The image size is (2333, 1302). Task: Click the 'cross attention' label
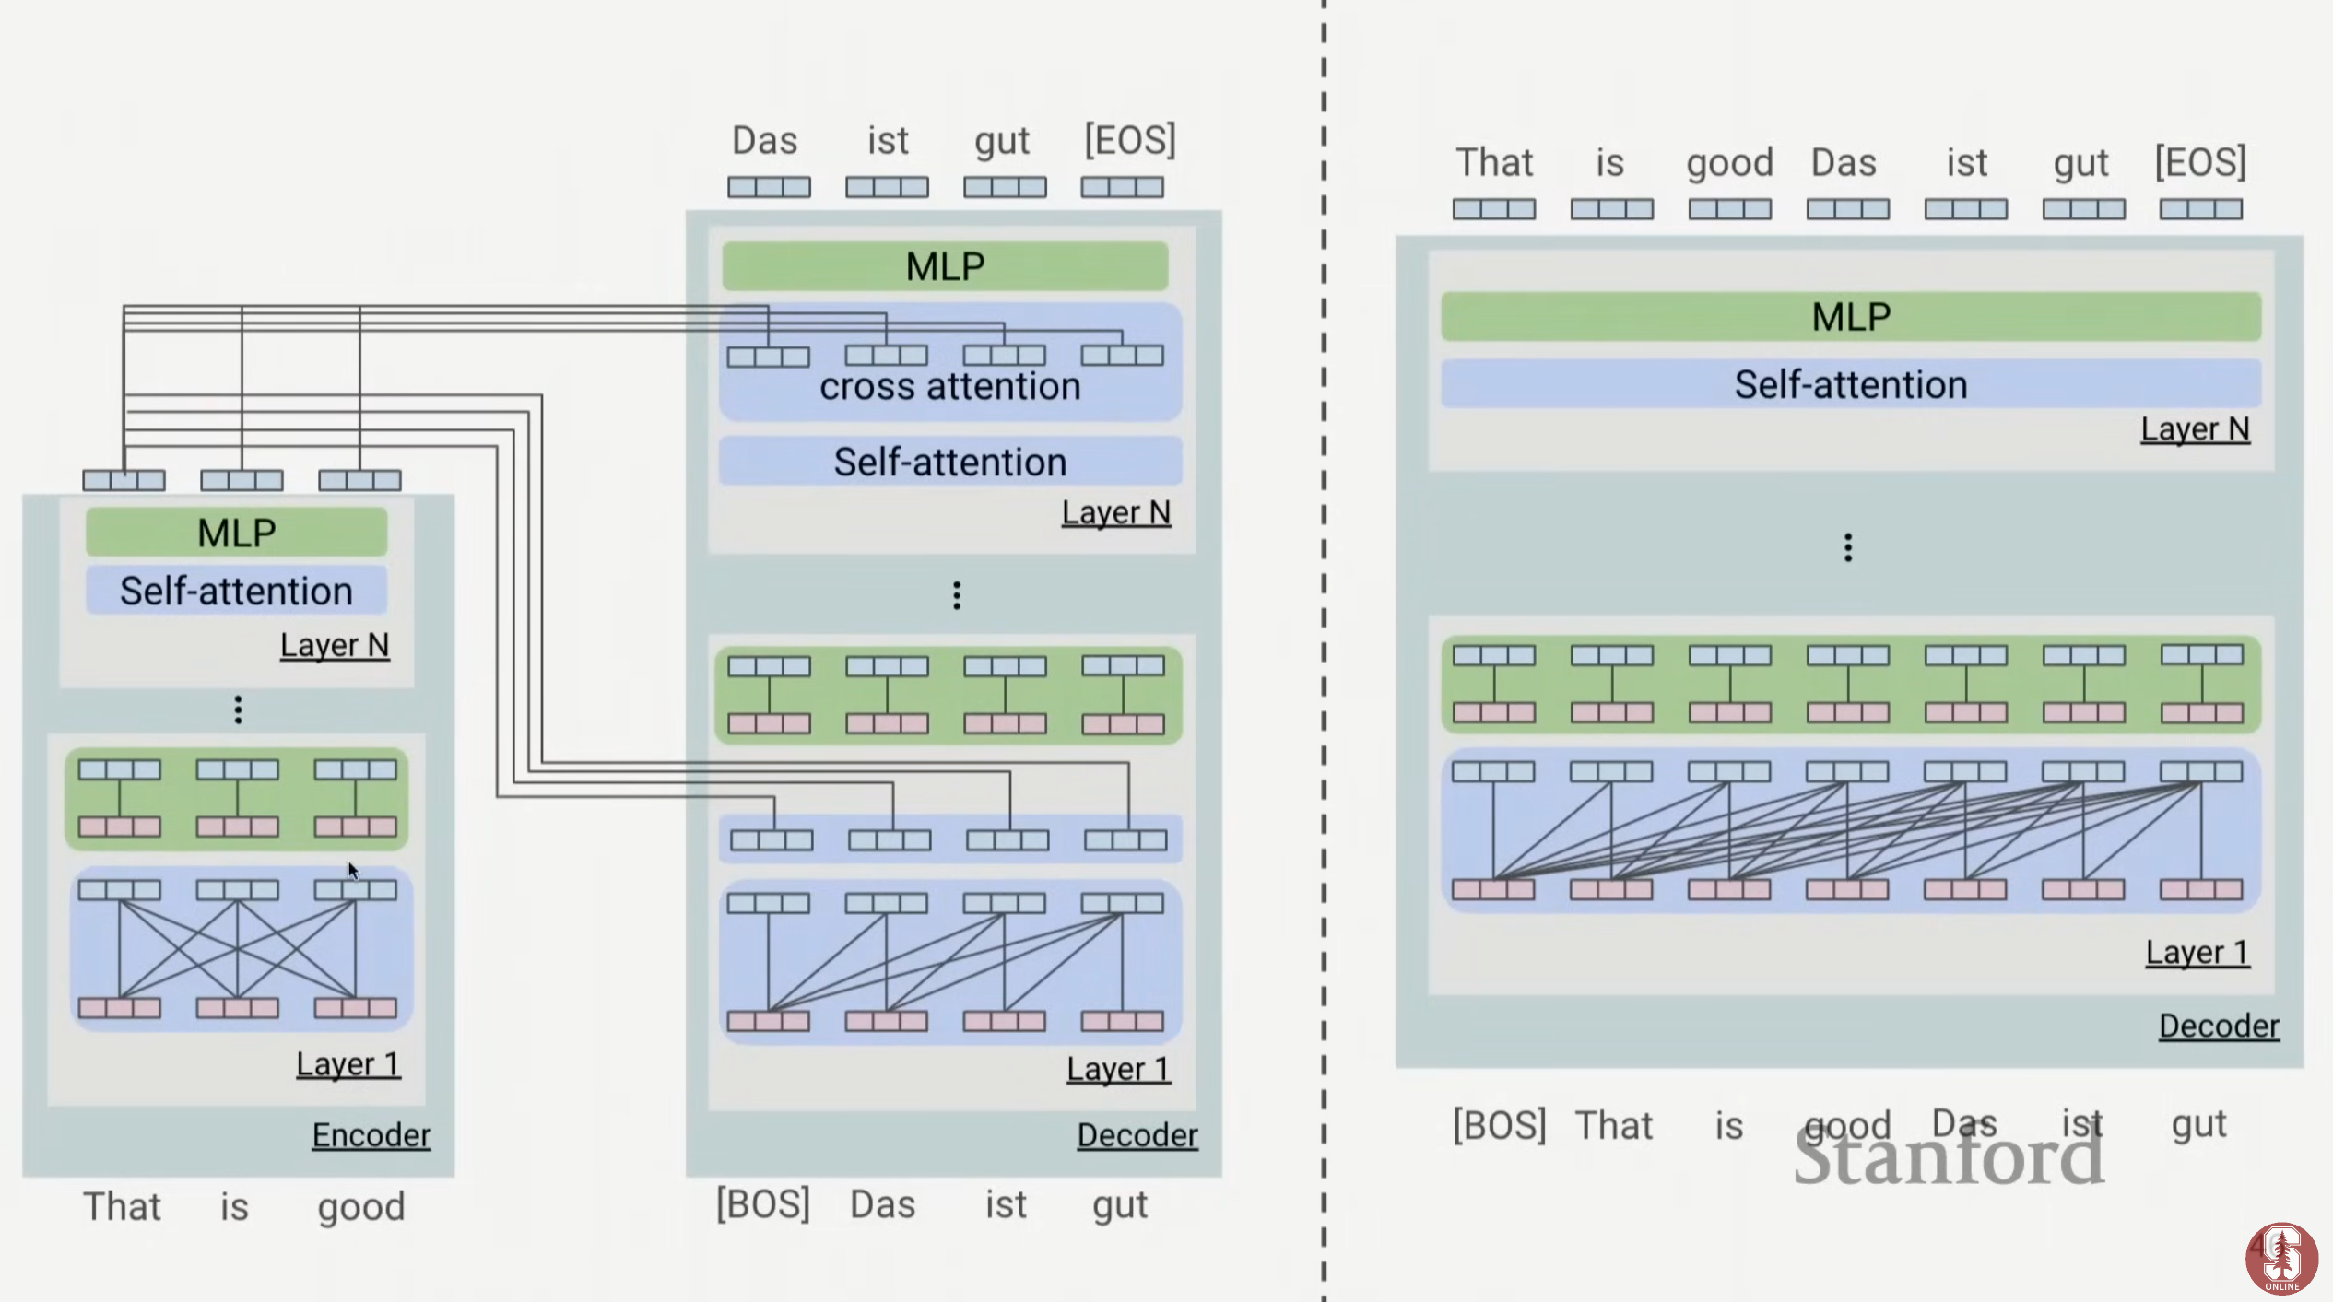click(949, 387)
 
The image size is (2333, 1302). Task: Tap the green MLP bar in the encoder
click(236, 533)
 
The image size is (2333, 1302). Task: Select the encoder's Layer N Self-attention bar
click(236, 591)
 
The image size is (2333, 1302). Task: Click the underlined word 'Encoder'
click(371, 1134)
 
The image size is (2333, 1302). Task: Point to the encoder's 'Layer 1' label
click(348, 1064)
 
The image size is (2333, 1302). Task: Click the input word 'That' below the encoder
click(122, 1206)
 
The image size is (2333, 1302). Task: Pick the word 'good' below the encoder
click(360, 1206)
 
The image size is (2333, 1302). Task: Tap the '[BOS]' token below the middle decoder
click(763, 1204)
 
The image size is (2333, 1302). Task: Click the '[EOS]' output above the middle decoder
click(1129, 140)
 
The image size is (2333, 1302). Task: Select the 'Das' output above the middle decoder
click(764, 141)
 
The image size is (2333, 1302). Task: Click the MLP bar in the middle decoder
click(945, 266)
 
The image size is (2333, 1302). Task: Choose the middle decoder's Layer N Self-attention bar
click(949, 462)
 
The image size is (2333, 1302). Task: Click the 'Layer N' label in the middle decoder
click(1115, 512)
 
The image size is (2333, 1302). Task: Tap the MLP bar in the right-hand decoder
click(1851, 317)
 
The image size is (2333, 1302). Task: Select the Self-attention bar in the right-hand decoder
click(1851, 384)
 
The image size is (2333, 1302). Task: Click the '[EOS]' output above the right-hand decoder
click(2200, 162)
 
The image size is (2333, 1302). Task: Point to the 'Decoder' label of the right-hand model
click(2219, 1026)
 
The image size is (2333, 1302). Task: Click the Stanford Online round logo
click(2281, 1258)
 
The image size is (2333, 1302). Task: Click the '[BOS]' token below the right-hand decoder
click(1499, 1125)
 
